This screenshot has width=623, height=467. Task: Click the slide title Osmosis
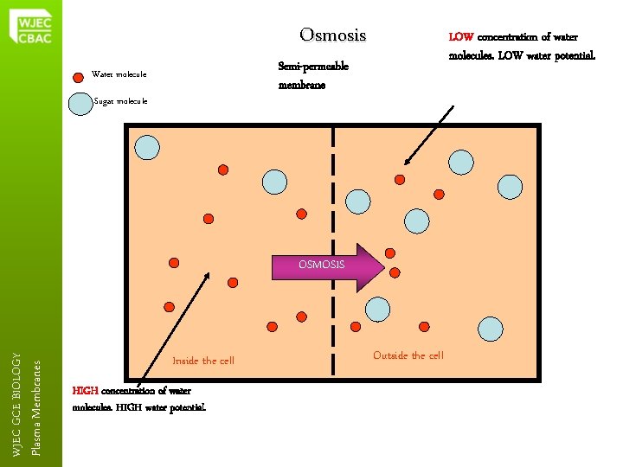(332, 35)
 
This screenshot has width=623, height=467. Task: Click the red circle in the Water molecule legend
(78, 74)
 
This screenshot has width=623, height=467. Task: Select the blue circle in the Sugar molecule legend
(81, 102)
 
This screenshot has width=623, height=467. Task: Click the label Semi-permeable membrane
(312, 75)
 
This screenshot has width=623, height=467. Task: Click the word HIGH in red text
(86, 391)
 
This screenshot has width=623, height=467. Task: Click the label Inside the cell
(203, 361)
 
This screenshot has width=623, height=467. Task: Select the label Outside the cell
(408, 355)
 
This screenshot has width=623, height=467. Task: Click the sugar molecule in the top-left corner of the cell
(148, 148)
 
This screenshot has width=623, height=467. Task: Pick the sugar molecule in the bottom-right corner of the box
(490, 329)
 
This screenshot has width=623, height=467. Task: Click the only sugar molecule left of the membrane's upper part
(274, 182)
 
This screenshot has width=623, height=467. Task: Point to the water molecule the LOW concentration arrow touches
(400, 179)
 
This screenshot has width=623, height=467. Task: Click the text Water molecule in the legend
(119, 74)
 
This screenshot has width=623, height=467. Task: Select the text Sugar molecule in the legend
(120, 102)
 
